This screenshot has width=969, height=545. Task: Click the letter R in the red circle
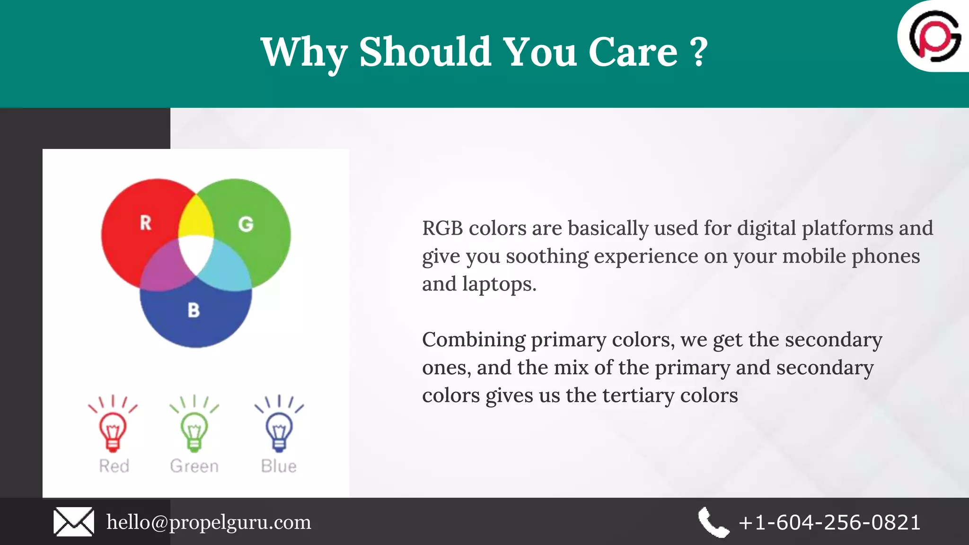(x=145, y=222)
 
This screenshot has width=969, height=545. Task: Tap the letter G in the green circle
(x=246, y=224)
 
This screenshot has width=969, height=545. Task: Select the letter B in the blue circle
(x=194, y=310)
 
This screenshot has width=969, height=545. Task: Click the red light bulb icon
(x=113, y=428)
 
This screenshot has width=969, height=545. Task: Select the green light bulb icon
(x=194, y=428)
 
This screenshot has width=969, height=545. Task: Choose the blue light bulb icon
(x=279, y=428)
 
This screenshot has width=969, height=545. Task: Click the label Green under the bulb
(x=194, y=466)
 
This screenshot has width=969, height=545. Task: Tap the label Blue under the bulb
(x=279, y=466)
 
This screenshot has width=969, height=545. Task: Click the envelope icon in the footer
(x=73, y=522)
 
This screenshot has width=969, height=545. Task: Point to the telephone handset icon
(x=714, y=522)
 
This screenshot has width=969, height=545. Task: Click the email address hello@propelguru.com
(x=209, y=522)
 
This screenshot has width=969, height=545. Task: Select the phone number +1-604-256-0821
(x=829, y=522)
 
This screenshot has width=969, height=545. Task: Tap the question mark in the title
(x=699, y=52)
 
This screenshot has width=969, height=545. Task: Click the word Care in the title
(x=633, y=52)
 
